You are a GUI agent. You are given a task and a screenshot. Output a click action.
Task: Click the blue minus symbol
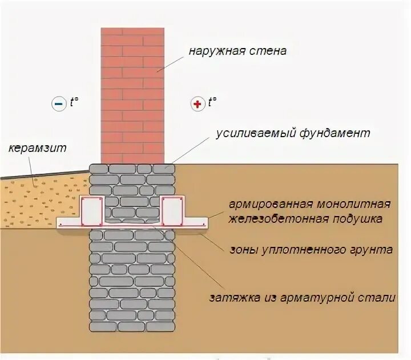(59, 104)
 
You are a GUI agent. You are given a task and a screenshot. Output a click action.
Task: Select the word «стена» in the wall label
(265, 51)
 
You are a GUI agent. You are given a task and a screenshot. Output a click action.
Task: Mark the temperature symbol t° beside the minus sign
(74, 103)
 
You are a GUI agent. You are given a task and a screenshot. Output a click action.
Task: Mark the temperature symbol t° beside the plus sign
(213, 103)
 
